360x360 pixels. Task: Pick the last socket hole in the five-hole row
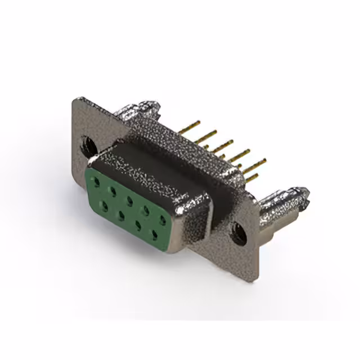(163, 220)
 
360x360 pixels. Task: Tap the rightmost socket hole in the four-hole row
(153, 232)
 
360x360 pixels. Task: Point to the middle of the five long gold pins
(225, 144)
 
